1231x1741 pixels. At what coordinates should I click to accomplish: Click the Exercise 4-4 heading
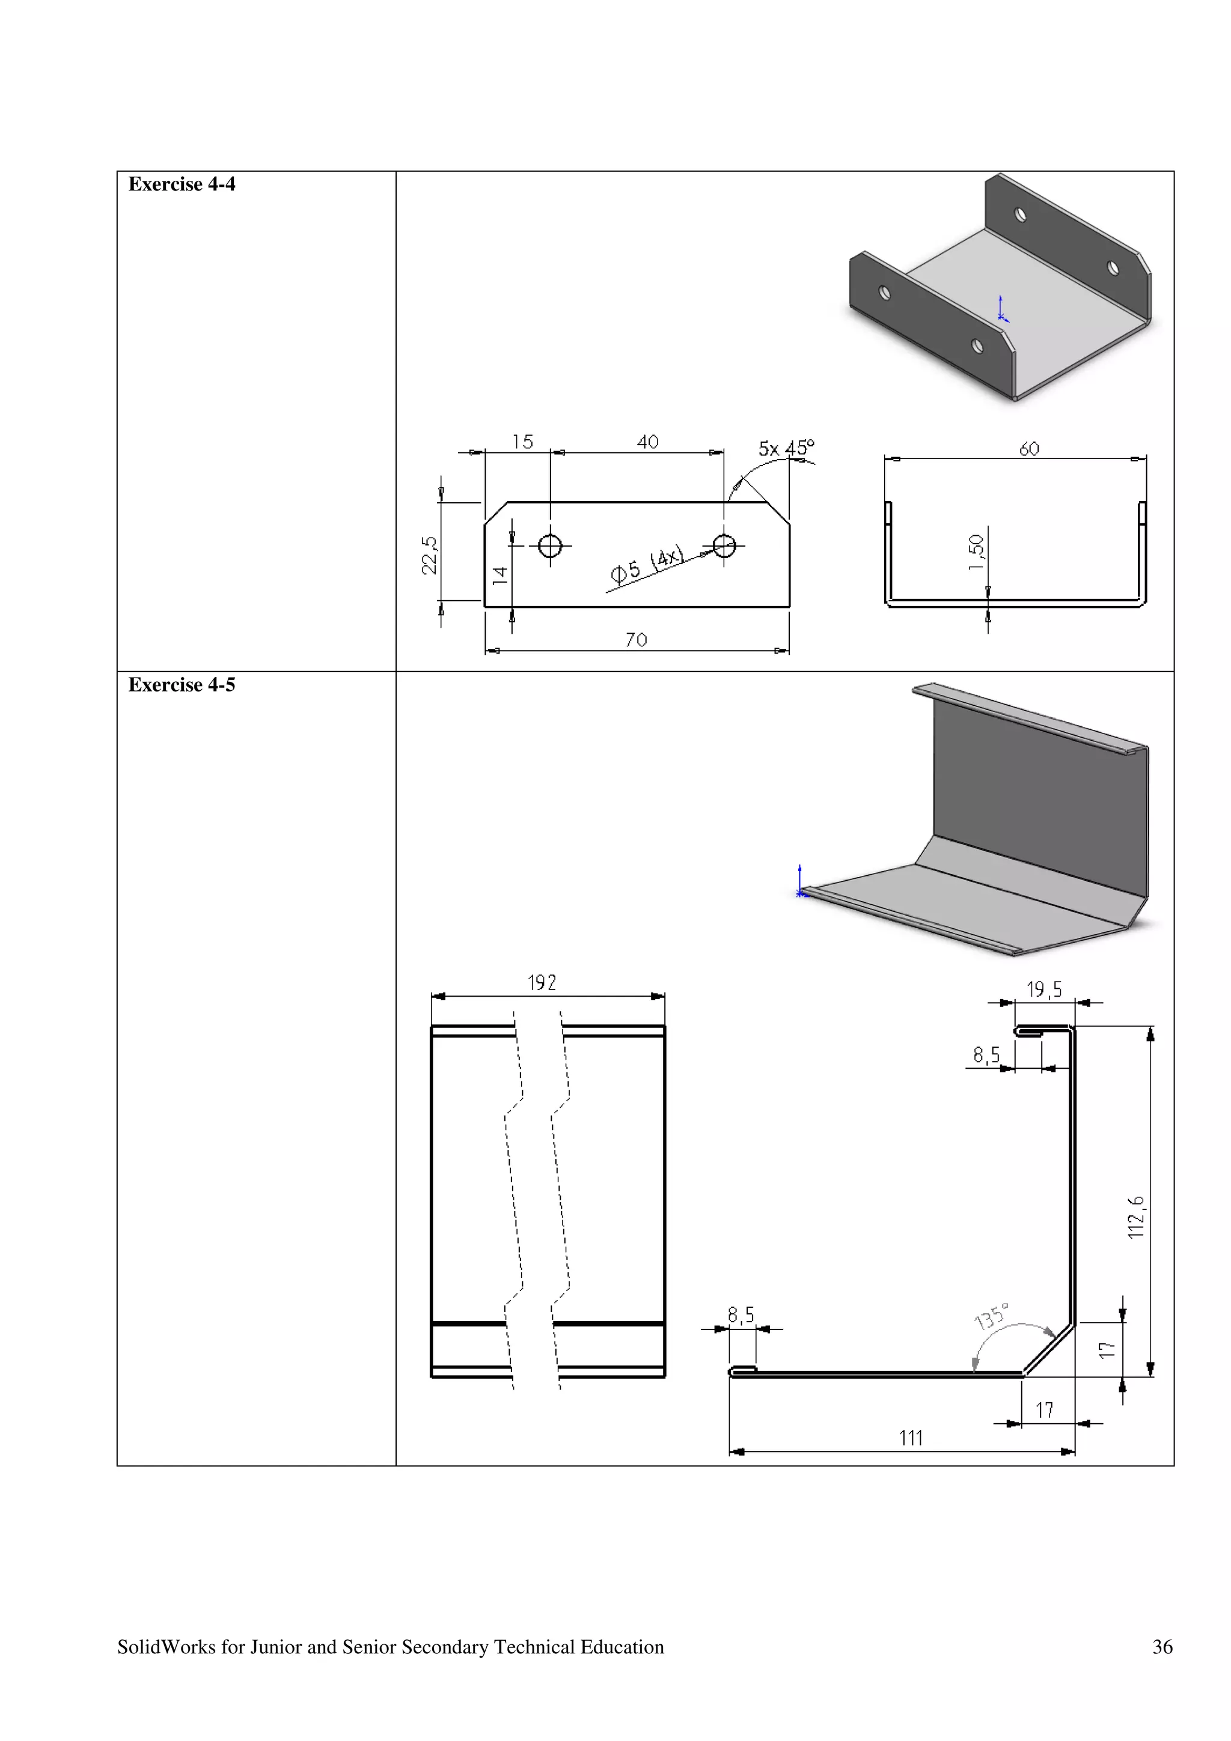pyautogui.click(x=182, y=184)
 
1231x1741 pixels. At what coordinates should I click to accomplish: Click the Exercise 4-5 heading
pyautogui.click(x=182, y=685)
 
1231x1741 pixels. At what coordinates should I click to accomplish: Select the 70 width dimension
pyautogui.click(x=637, y=640)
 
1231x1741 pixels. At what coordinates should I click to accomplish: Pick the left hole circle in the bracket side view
pyautogui.click(x=550, y=545)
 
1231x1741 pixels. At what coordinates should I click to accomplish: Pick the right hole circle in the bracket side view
pyautogui.click(x=724, y=545)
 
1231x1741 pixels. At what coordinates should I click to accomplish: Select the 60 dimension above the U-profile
pyautogui.click(x=1028, y=449)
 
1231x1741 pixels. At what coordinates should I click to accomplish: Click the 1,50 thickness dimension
pyautogui.click(x=977, y=552)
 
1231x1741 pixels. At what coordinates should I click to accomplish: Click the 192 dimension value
pyautogui.click(x=542, y=983)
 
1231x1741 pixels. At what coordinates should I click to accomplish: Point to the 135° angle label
pyautogui.click(x=991, y=1316)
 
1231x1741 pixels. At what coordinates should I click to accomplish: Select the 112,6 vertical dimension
pyautogui.click(x=1135, y=1217)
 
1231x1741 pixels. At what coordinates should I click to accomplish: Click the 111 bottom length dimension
pyautogui.click(x=910, y=1438)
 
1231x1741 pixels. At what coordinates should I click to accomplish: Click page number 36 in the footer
pyautogui.click(x=1162, y=1647)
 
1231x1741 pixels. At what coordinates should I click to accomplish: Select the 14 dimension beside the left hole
pyautogui.click(x=500, y=575)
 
